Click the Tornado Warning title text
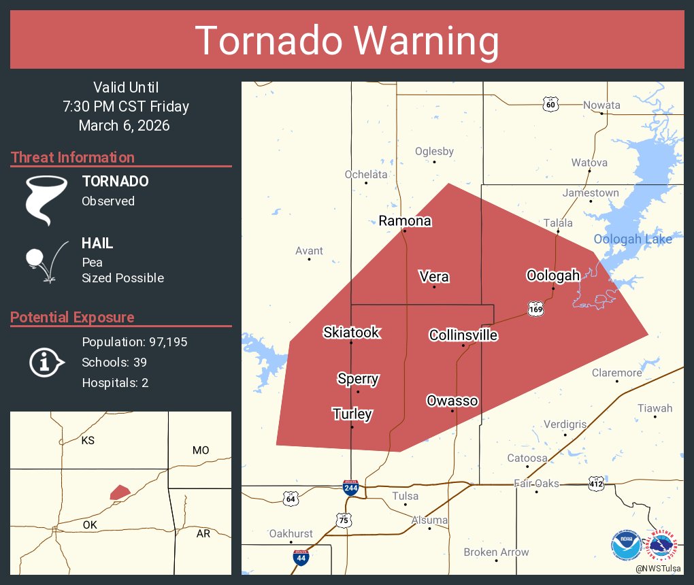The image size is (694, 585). tap(347, 41)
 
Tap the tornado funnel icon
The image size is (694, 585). tap(46, 199)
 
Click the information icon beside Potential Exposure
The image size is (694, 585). tap(46, 362)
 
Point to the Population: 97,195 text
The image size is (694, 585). tap(134, 342)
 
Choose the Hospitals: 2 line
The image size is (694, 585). tap(115, 383)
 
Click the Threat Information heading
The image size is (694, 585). tap(73, 158)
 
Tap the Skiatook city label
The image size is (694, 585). tap(351, 333)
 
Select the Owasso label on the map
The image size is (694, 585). tap(452, 401)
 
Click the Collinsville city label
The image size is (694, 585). tap(463, 335)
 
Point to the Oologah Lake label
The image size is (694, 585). tap(632, 239)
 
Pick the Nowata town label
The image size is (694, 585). tap(601, 105)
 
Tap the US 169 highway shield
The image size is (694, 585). tap(535, 310)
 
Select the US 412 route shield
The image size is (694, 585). tap(597, 484)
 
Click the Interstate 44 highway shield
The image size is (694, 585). tap(300, 557)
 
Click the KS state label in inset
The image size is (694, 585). tap(88, 441)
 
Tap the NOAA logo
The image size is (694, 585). tap(625, 545)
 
